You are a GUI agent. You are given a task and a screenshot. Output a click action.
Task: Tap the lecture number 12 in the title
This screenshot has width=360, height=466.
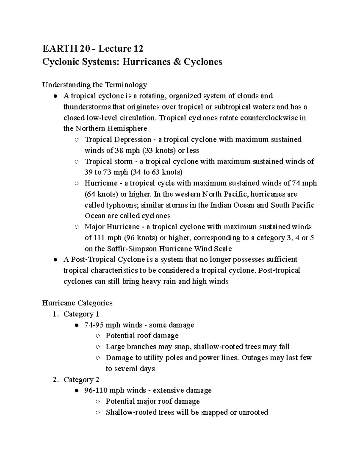138,48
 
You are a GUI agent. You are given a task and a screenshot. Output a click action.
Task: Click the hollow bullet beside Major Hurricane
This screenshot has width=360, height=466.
77,227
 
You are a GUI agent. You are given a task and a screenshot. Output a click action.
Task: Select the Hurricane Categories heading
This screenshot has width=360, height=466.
77,303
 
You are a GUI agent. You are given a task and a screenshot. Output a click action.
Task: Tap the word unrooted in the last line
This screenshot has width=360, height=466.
253,412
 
